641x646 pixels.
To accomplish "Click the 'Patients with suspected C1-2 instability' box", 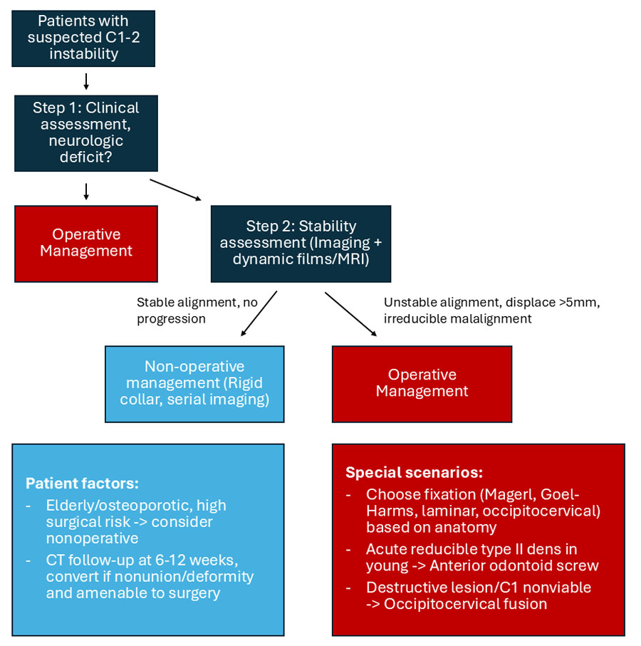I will point(83,37).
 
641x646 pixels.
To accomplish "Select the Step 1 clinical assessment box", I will point(85,133).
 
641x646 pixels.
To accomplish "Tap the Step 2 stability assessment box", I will point(301,244).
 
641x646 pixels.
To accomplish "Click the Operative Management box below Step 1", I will point(85,244).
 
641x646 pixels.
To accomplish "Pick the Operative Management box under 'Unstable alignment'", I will point(422,383).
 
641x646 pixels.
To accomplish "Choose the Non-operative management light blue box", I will point(194,383).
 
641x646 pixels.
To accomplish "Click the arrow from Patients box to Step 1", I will point(85,80).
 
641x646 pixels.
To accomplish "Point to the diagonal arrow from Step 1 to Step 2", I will point(176,191).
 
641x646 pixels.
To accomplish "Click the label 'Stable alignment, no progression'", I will point(197,311).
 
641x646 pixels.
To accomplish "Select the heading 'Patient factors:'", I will point(82,484).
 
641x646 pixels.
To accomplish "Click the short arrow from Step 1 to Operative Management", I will point(85,190).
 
